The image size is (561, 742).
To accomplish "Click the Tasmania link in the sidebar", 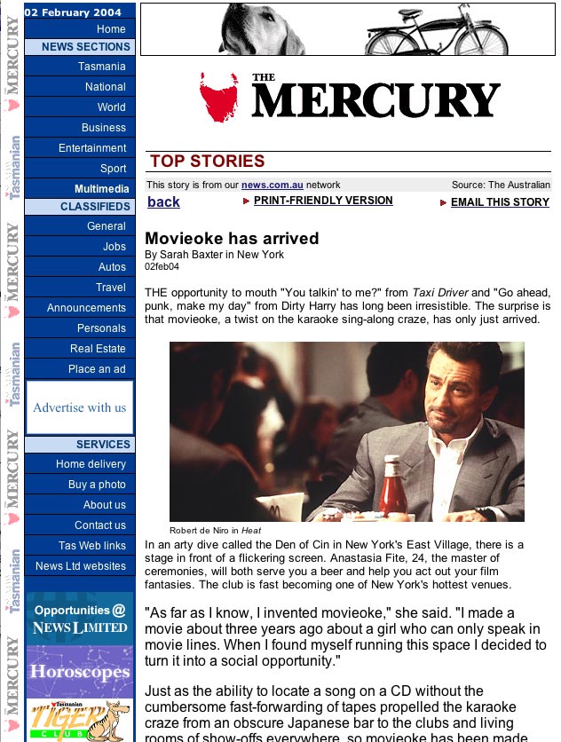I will click(101, 67).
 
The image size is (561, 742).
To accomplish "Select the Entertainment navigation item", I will click(92, 148).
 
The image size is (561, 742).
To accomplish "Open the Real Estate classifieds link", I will click(98, 349).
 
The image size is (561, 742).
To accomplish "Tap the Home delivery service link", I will click(91, 464).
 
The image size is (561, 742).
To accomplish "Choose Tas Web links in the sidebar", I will click(92, 546).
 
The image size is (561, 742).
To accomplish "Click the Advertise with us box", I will click(80, 407).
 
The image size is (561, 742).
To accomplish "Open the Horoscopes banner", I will click(80, 671).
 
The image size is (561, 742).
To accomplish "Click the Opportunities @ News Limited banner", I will click(80, 619).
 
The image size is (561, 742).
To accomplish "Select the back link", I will click(163, 202).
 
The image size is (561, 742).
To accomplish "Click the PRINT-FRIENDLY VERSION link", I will click(323, 201).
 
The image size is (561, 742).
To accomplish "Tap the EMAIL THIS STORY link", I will click(500, 202).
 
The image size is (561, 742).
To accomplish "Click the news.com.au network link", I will click(273, 185).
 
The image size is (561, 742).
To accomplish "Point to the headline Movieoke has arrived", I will click(232, 239).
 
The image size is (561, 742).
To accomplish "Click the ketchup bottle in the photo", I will click(392, 485).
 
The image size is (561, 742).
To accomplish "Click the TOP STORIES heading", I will click(208, 161).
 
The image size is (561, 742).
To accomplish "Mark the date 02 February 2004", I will click(73, 12).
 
